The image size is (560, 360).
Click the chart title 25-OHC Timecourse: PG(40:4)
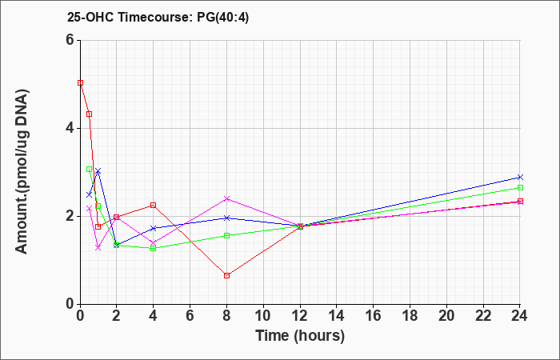click(158, 17)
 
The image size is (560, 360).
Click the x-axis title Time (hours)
click(300, 336)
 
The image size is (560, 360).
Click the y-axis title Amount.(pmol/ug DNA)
click(22, 172)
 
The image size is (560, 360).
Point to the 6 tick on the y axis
click(70, 40)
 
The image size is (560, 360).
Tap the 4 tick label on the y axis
click(70, 128)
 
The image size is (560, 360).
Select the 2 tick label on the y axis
click(70, 216)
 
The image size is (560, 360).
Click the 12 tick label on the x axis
click(300, 316)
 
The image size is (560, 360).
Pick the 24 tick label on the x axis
click(520, 316)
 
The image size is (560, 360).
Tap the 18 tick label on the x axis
click(410, 316)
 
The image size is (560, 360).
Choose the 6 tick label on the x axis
click(190, 316)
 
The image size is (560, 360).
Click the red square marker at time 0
click(80, 83)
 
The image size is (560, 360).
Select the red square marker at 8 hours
click(226, 275)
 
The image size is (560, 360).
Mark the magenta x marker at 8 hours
click(226, 198)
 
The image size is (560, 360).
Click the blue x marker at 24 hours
click(520, 177)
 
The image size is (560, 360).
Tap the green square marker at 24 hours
click(520, 187)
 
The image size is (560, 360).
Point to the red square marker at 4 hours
click(154, 205)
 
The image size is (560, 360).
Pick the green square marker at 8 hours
click(226, 235)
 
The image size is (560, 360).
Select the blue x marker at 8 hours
click(226, 218)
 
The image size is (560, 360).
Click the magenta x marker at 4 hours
click(154, 243)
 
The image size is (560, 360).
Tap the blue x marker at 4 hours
click(154, 228)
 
